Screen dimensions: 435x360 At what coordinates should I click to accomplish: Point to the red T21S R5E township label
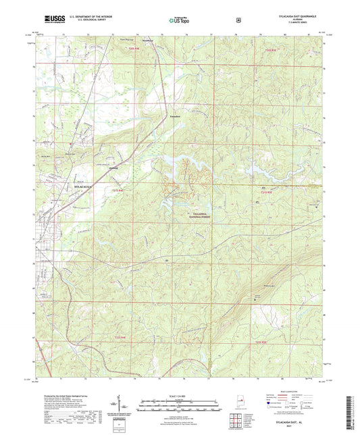tap(269, 193)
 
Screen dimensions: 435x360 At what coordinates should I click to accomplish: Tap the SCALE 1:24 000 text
tap(180, 395)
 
